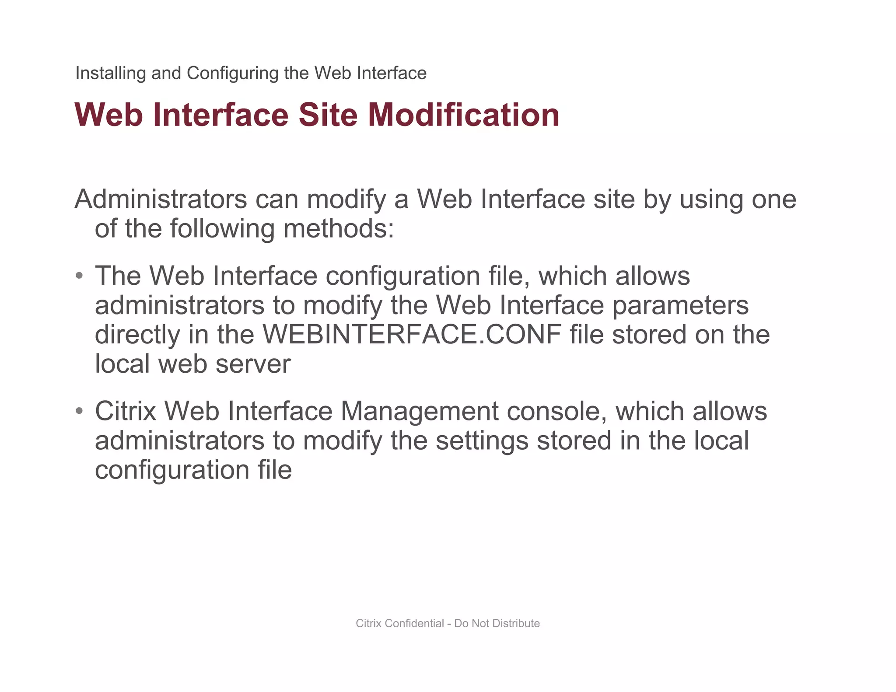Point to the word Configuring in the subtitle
point(232,73)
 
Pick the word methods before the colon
point(338,228)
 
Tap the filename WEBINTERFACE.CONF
point(412,335)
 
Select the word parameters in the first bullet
point(680,305)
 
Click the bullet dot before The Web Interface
point(79,276)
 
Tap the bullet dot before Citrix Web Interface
point(79,411)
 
